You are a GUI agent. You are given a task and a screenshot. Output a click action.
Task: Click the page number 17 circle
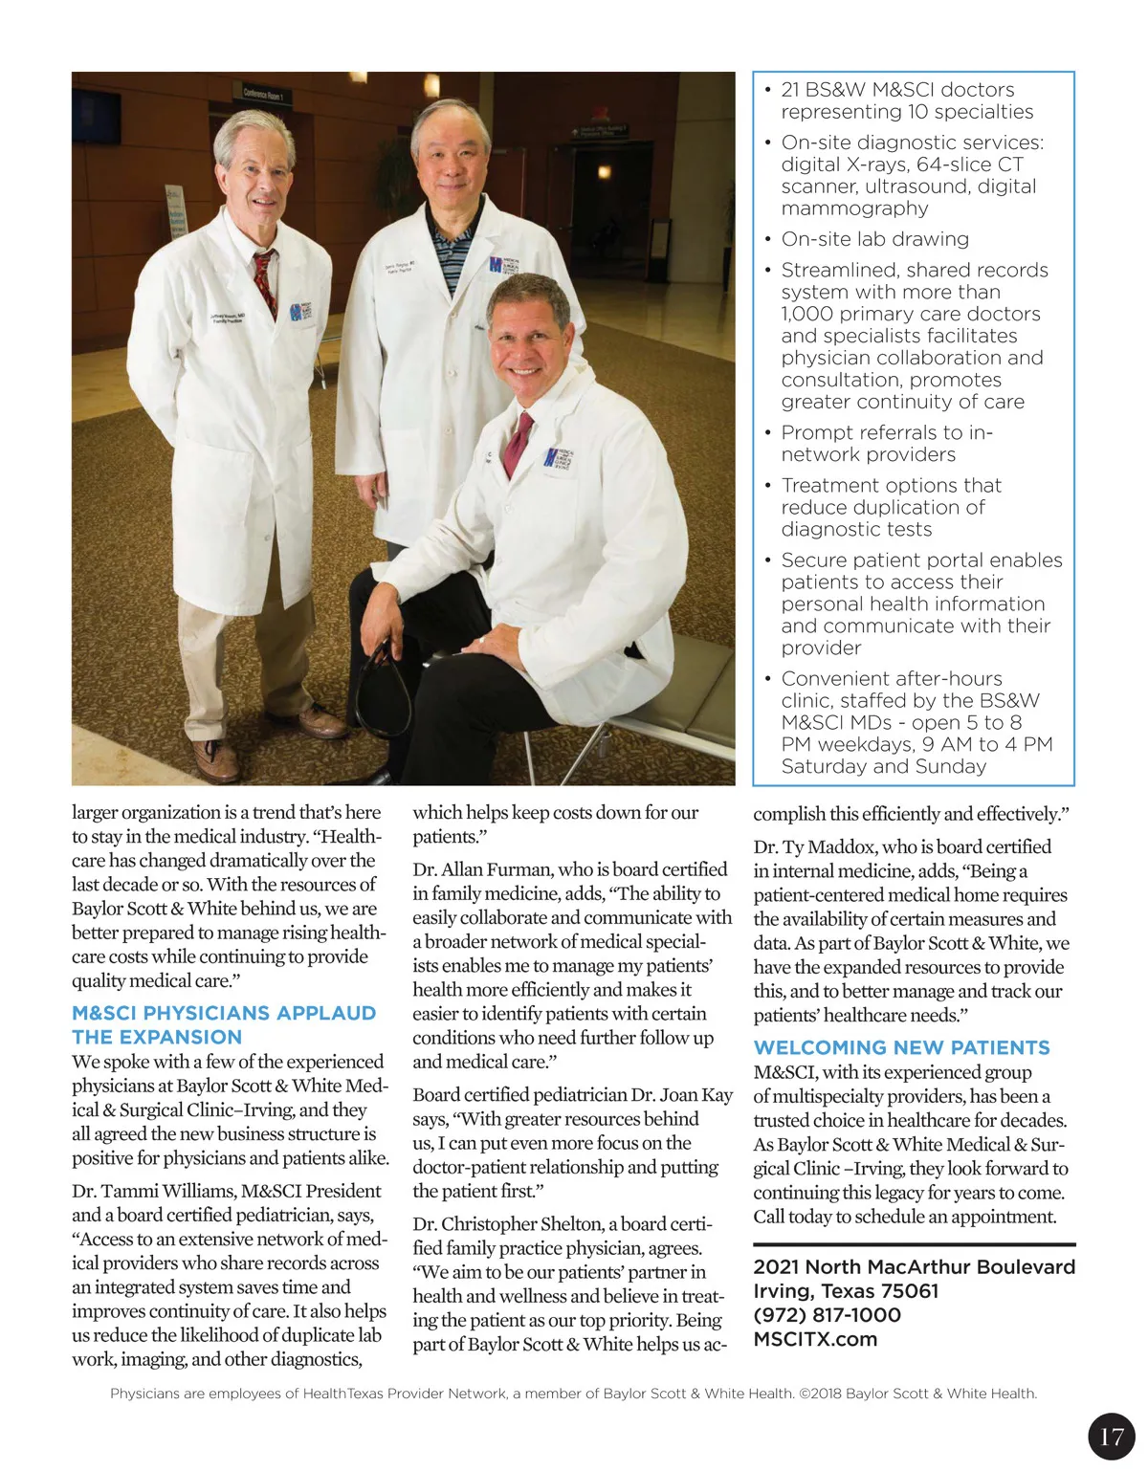click(x=1111, y=1436)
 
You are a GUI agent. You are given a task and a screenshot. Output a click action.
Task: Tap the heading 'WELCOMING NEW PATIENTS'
click(x=901, y=1047)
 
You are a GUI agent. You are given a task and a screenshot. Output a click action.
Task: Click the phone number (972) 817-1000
click(x=827, y=1314)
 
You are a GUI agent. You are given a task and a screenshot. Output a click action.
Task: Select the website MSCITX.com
click(x=815, y=1339)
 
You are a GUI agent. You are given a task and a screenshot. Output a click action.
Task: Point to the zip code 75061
click(x=908, y=1290)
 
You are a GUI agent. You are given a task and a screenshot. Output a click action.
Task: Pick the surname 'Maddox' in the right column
click(x=842, y=846)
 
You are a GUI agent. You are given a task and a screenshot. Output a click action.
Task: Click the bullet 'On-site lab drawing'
click(x=874, y=239)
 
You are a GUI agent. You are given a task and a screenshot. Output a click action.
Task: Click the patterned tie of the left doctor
click(x=265, y=282)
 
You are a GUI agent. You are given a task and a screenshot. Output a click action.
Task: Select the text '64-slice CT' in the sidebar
click(x=969, y=165)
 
